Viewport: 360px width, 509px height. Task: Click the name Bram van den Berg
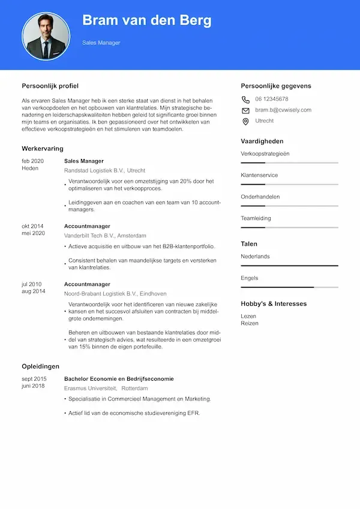click(x=146, y=20)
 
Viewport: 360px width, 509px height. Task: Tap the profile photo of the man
click(x=46, y=37)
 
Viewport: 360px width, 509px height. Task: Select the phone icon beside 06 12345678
click(x=245, y=100)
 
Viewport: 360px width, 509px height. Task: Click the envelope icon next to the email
click(x=245, y=110)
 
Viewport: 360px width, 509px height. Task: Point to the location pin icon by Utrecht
click(x=245, y=121)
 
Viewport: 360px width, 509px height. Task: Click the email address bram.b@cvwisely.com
click(x=283, y=110)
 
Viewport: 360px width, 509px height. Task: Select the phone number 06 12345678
click(x=271, y=99)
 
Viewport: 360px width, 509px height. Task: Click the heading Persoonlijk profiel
click(x=50, y=86)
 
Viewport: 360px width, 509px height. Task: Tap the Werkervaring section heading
click(x=43, y=148)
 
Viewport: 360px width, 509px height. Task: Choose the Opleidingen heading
click(x=41, y=366)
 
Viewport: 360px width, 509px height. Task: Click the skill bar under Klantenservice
click(x=289, y=184)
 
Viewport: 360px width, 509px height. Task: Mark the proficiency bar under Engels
click(x=289, y=287)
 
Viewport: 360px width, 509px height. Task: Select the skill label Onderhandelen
click(x=260, y=197)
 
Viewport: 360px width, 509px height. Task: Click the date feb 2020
click(x=33, y=161)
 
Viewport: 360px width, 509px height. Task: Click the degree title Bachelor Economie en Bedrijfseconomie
click(x=119, y=379)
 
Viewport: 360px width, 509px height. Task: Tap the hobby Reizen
click(x=250, y=323)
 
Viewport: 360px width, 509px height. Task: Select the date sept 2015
click(x=34, y=379)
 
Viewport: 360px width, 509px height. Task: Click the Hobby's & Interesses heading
click(x=274, y=304)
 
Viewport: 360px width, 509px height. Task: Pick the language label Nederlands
click(x=255, y=257)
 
